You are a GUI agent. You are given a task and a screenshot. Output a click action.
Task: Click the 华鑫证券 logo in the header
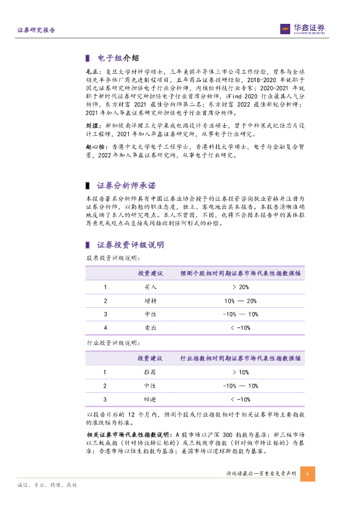click(x=302, y=29)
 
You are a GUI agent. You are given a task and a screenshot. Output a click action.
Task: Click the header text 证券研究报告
click(x=36, y=30)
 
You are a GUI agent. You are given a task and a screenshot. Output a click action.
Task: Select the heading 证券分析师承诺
click(x=126, y=185)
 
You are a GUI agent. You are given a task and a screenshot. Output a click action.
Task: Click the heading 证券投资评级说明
click(x=130, y=245)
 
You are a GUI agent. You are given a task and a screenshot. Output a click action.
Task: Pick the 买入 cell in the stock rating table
click(x=150, y=287)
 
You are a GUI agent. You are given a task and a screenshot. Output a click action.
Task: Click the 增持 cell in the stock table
click(x=150, y=301)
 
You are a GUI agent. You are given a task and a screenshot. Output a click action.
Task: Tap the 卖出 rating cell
click(x=150, y=328)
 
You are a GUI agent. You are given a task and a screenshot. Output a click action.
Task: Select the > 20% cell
click(x=240, y=287)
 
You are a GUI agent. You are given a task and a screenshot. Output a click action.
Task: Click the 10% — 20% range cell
click(x=240, y=301)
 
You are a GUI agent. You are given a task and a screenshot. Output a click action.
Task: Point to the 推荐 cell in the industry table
click(x=150, y=372)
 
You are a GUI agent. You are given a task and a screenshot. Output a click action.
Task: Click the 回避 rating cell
click(x=150, y=399)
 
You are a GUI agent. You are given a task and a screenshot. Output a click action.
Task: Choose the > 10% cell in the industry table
click(x=240, y=372)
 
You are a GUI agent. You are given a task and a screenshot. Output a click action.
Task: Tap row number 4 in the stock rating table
click(x=105, y=328)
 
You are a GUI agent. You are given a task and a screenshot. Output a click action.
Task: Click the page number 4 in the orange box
click(x=308, y=473)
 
